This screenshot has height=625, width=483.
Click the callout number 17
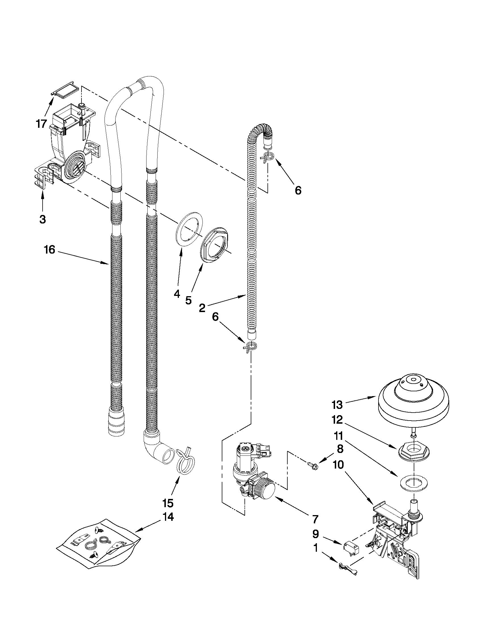click(41, 124)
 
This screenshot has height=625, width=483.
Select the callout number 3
click(42, 219)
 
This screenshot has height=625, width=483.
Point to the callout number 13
click(337, 405)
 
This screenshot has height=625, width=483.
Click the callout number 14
click(168, 517)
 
